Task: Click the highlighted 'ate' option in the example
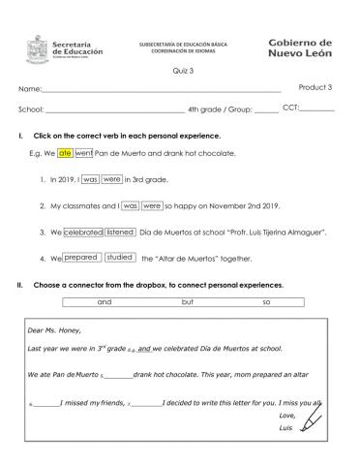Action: [65, 153]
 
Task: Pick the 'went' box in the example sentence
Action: [84, 153]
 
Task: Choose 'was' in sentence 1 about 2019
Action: [90, 179]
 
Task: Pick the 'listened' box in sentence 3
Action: [120, 232]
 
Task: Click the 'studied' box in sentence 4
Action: [120, 258]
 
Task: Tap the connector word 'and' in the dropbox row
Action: [105, 303]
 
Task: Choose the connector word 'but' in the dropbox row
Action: [188, 303]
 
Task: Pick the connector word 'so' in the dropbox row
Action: [266, 303]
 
